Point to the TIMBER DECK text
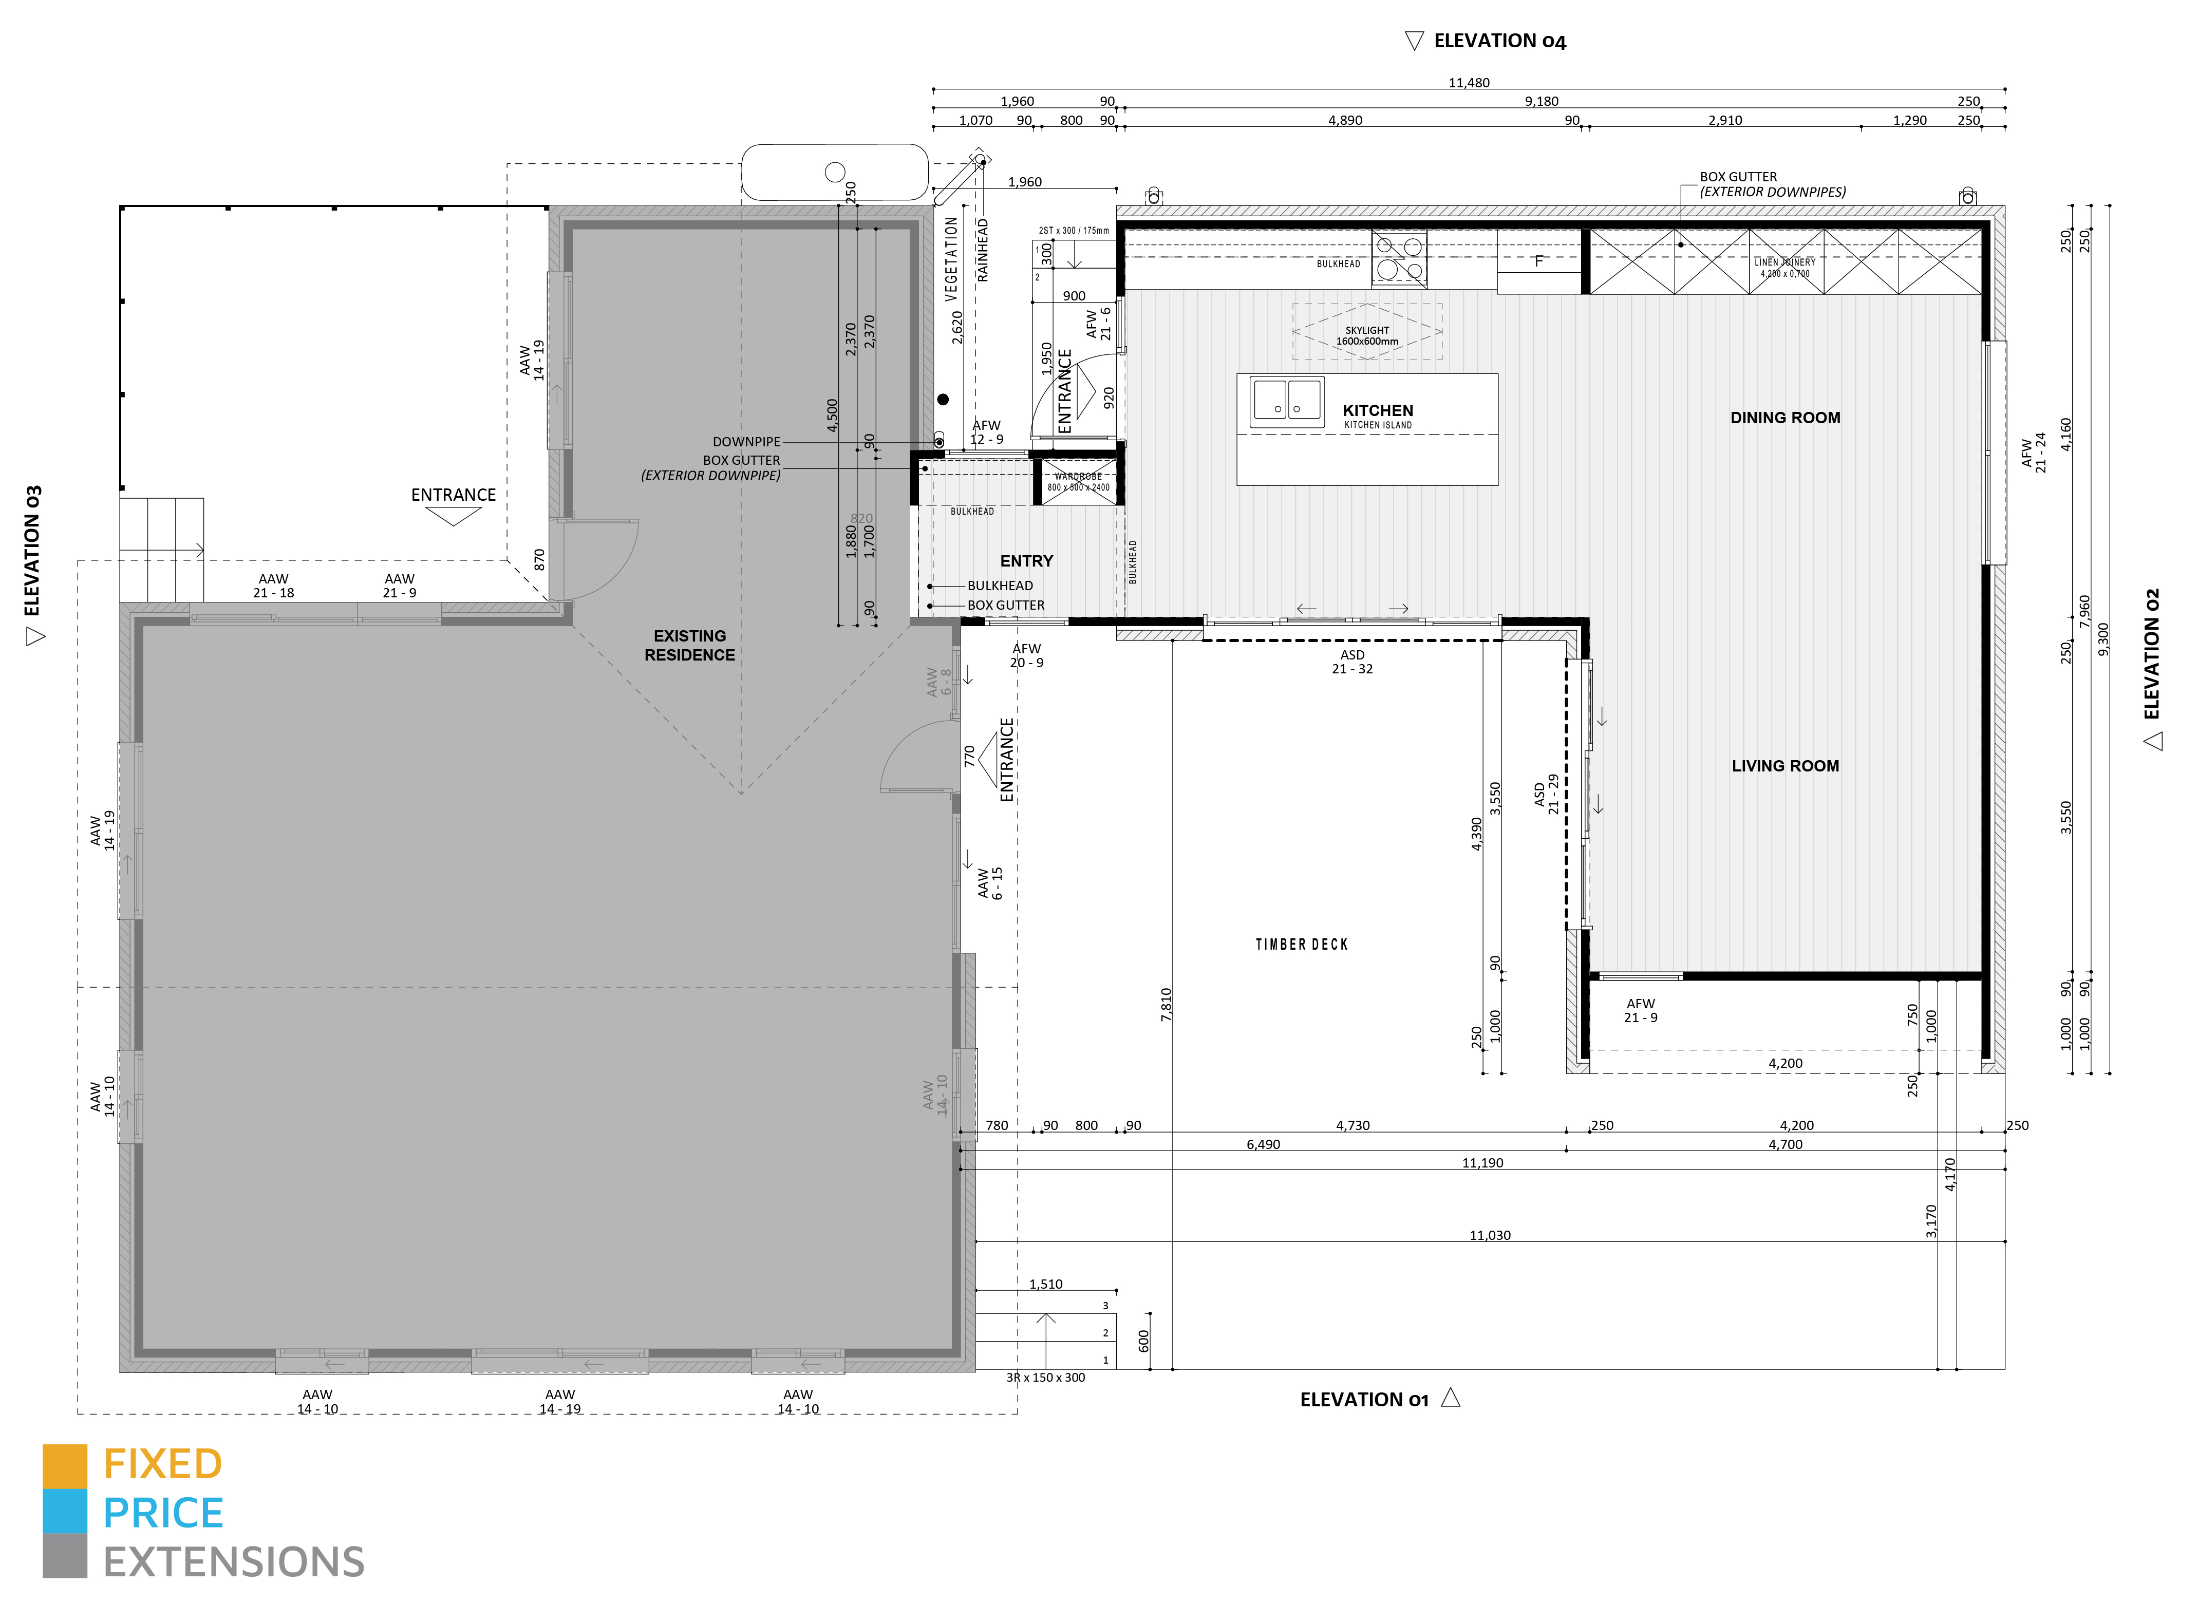click(x=1301, y=944)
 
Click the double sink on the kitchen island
click(x=1286, y=400)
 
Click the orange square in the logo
click(x=65, y=1465)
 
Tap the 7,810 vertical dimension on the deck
click(x=1166, y=1005)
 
